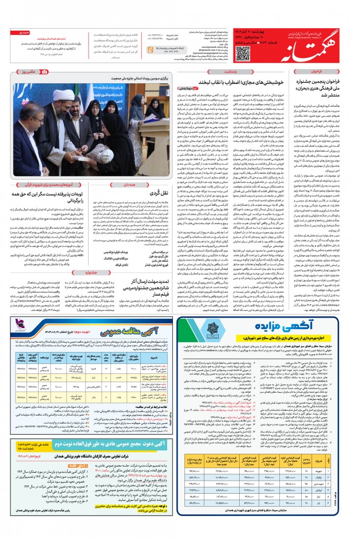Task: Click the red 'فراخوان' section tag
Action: pos(325,68)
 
